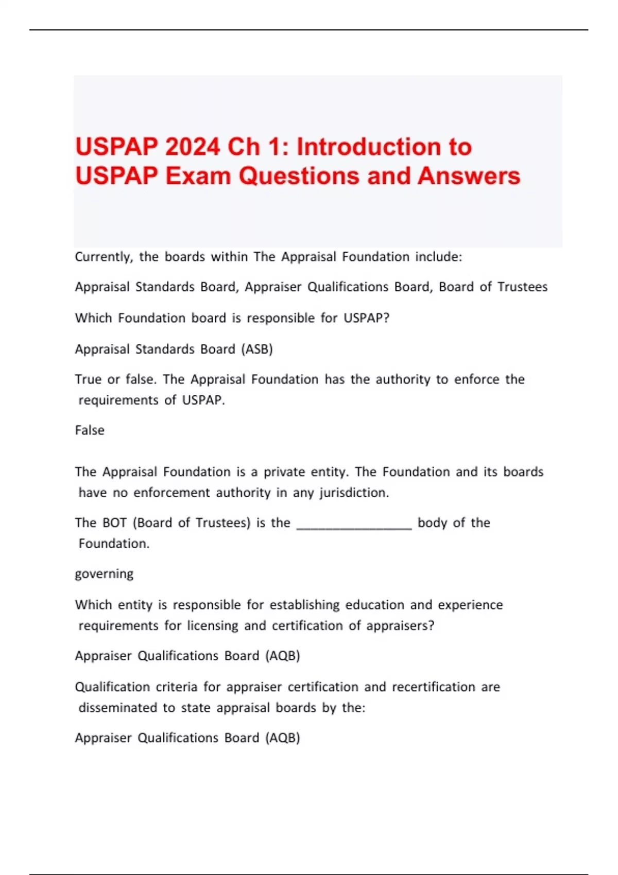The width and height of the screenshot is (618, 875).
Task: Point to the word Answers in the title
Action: coord(469,176)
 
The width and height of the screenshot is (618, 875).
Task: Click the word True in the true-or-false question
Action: coord(88,379)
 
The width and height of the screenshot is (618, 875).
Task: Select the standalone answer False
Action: coord(90,430)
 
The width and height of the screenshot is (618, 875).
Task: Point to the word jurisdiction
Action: coord(354,493)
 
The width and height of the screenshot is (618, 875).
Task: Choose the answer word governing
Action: coord(104,574)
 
